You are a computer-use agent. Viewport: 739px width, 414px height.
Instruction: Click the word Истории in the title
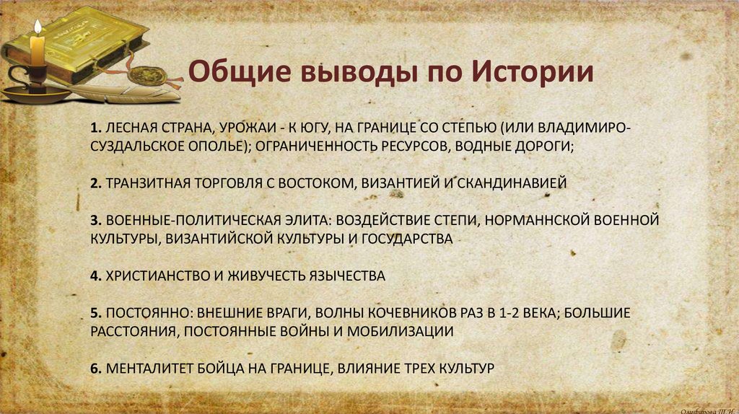(533, 73)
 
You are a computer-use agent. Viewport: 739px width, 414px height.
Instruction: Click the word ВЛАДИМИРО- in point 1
(597, 128)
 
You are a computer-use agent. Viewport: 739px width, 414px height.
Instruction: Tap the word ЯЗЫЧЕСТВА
(347, 276)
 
